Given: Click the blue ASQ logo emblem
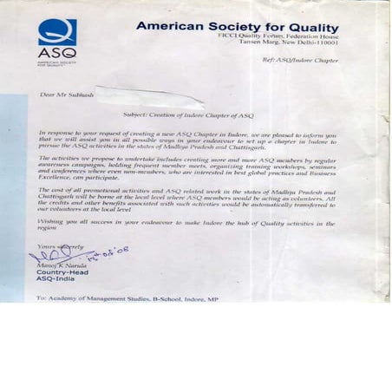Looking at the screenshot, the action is [x=51, y=31].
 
